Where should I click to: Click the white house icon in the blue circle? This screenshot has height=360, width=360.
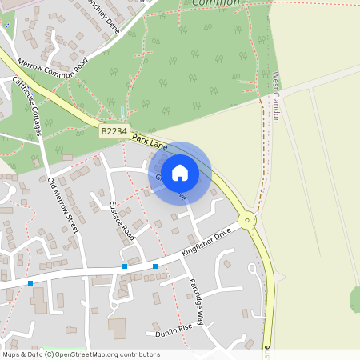tap(180, 173)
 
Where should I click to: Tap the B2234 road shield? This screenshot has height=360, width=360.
tap(114, 130)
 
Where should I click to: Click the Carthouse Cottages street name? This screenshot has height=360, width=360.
tap(26, 106)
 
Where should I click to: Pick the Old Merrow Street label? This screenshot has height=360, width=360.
tap(63, 206)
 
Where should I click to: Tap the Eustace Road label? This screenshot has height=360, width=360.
tap(122, 221)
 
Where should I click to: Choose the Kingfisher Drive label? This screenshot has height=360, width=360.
tap(206, 241)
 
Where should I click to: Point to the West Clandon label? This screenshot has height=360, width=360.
tap(275, 98)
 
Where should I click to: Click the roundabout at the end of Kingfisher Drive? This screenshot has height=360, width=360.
tap(247, 218)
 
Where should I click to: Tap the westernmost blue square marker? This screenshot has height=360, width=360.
tap(30, 282)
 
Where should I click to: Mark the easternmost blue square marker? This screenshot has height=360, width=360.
tap(155, 266)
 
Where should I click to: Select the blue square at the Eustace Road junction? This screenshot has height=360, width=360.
tap(125, 266)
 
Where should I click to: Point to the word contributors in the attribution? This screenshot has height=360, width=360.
tap(141, 354)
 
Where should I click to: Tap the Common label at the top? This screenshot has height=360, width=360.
tap(216, 3)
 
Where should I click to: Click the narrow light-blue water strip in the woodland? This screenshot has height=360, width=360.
tap(122, 112)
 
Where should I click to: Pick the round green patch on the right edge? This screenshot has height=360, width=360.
tap(354, 299)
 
